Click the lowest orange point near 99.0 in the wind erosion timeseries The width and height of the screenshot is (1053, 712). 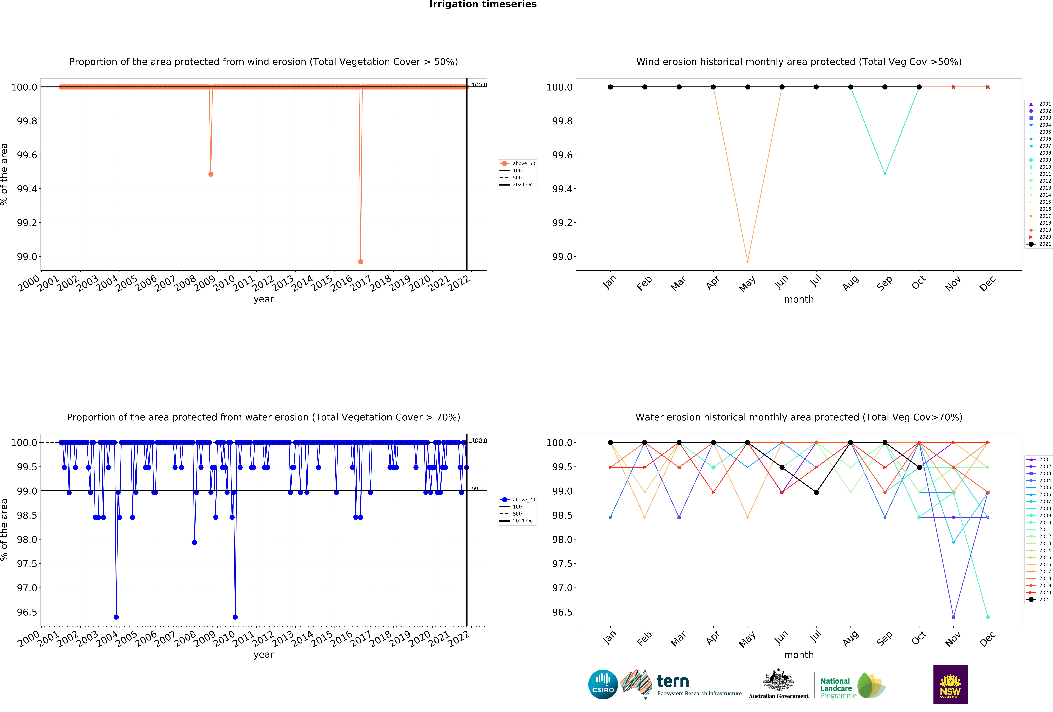tap(361, 262)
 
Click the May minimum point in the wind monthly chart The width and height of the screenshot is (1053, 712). tap(748, 262)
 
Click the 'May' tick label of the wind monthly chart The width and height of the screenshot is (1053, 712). tap(747, 284)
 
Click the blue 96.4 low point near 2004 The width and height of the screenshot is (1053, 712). tap(116, 617)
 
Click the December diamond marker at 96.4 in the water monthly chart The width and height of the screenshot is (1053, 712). tap(988, 617)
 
